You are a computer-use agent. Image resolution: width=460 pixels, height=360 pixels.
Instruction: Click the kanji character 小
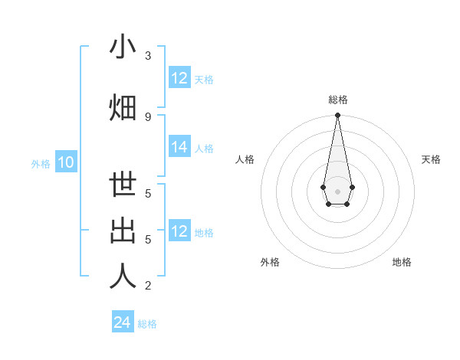pos(123,47)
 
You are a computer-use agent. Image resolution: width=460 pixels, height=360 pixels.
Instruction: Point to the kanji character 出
pos(123,232)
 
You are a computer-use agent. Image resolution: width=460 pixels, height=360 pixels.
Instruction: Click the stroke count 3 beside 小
pos(148,56)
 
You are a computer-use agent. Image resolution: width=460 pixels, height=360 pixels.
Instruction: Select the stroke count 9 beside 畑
pos(148,116)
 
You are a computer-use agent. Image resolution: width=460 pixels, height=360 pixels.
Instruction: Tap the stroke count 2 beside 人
pos(148,286)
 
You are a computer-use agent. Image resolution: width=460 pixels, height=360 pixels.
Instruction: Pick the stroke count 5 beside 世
pos(148,194)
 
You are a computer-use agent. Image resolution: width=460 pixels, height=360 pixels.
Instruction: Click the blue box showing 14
pos(179,147)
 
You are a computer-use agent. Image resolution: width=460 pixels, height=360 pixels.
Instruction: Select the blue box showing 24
pos(122,322)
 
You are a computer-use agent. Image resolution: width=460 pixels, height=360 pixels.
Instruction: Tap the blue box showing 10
pos(66,162)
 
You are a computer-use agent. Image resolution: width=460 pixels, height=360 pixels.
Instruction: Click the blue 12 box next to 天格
pos(179,78)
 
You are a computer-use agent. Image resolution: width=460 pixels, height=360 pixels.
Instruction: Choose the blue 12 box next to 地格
pos(179,231)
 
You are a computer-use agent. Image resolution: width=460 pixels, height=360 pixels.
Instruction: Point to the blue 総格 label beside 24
pos(147,324)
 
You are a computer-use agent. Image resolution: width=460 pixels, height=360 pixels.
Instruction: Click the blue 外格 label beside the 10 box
pos(41,163)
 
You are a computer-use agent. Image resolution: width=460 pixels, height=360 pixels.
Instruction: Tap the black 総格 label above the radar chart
pos(337,100)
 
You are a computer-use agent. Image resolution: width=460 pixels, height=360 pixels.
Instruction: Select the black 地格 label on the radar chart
pos(402,262)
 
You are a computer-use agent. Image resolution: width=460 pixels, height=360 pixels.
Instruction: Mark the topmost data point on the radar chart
pos(337,116)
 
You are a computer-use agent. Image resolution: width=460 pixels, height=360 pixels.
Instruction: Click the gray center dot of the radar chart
pos(337,190)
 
